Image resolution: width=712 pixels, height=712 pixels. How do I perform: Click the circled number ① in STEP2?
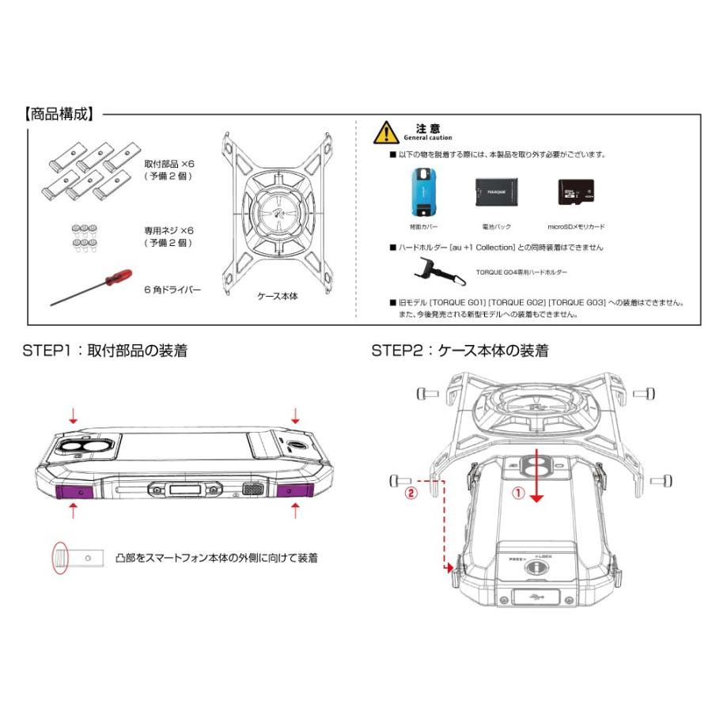tap(518, 490)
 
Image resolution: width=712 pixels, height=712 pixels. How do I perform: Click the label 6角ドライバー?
tap(172, 290)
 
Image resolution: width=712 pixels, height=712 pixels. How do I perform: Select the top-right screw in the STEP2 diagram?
tap(644, 392)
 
